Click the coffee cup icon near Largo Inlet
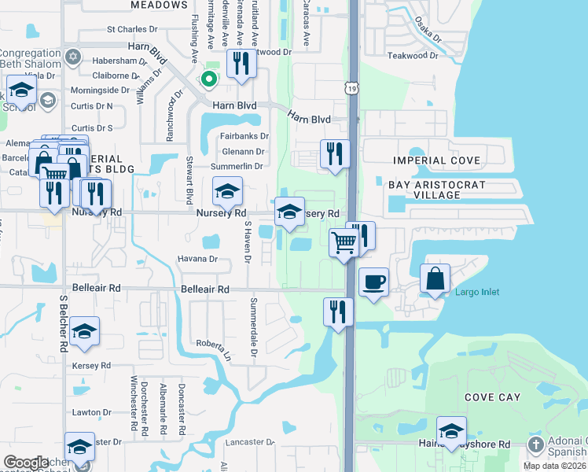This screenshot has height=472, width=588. [374, 282]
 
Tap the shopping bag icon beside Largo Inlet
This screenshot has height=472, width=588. [435, 278]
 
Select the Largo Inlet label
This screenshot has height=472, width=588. [477, 293]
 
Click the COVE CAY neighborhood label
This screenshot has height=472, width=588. [492, 397]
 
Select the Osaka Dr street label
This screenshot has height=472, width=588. [428, 31]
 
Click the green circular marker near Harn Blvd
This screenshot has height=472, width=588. [208, 79]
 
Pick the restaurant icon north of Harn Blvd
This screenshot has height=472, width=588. [242, 63]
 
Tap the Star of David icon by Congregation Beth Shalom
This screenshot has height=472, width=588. [74, 57]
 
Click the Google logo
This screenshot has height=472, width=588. [26, 462]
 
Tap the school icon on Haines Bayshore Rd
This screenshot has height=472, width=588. [451, 430]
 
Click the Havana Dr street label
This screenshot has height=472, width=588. [197, 259]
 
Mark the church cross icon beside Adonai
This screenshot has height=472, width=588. [535, 445]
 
